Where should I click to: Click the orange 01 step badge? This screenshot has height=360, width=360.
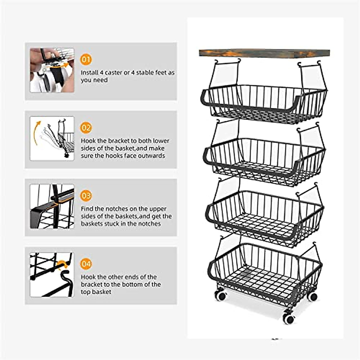(x=86, y=59)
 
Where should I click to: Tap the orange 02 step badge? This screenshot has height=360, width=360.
(x=86, y=128)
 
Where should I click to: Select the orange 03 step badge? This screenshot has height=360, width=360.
(x=86, y=196)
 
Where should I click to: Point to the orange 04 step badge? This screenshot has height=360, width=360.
(x=86, y=264)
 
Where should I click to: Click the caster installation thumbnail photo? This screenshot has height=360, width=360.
(x=52, y=70)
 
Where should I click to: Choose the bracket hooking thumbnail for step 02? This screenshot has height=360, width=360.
(x=52, y=138)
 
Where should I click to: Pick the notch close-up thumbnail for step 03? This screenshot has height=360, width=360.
(x=52, y=206)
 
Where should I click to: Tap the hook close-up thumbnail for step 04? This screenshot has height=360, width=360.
(x=52, y=274)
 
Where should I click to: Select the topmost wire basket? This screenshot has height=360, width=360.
(x=264, y=103)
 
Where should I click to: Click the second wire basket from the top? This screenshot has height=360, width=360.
(x=264, y=159)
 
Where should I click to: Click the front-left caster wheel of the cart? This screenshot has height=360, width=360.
(x=221, y=295)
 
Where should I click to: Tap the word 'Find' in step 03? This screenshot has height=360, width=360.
(x=87, y=209)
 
